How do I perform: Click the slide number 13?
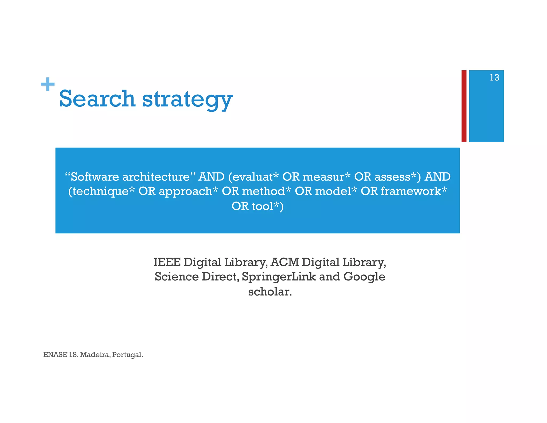[x=494, y=78]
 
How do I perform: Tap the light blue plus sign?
[x=48, y=84]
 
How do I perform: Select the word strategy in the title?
[x=187, y=99]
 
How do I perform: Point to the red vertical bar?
[x=464, y=106]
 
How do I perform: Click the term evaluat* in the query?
[x=253, y=177]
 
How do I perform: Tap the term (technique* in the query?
[x=101, y=191]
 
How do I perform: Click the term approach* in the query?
[x=188, y=191]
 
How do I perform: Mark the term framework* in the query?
[x=414, y=191]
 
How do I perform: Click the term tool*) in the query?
[x=268, y=206]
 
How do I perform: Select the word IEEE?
[x=167, y=262]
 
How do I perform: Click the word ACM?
[x=284, y=262]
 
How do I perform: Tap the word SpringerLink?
[x=279, y=277]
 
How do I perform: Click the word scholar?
[x=270, y=291]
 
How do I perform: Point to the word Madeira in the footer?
[x=95, y=355]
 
